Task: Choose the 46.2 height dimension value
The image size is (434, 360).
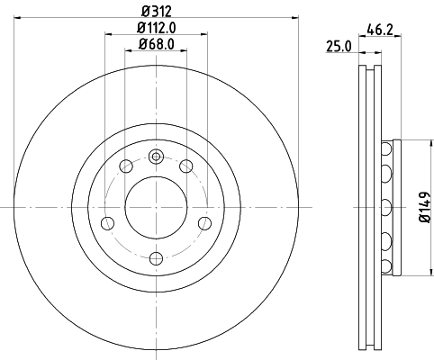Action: (x=378, y=29)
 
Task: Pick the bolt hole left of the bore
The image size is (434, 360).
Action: (x=108, y=223)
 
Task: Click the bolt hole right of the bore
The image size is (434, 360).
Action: (x=203, y=223)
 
